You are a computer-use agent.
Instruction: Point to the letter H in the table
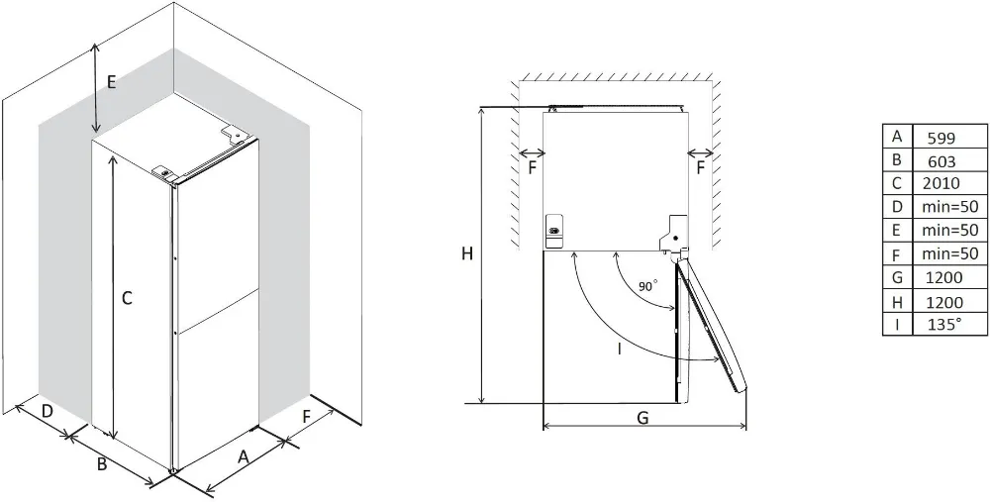click(x=897, y=301)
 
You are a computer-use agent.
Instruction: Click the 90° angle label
click(x=646, y=285)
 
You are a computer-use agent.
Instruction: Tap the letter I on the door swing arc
click(x=619, y=349)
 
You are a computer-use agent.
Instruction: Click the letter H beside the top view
click(x=466, y=254)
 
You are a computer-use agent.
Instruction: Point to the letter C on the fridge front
click(x=127, y=296)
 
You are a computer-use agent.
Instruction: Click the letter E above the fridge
click(x=111, y=82)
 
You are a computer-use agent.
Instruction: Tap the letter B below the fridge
click(x=101, y=463)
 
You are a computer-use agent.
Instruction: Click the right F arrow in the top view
click(x=701, y=153)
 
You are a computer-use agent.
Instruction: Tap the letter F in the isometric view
click(x=306, y=417)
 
